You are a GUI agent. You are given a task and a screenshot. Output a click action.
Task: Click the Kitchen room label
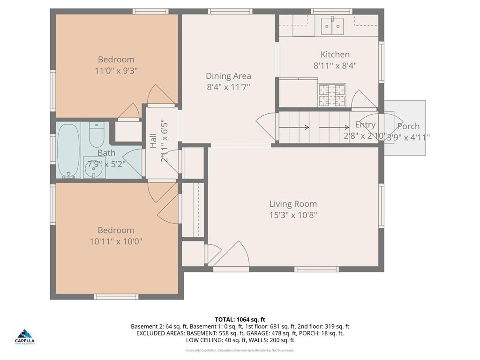coord(335,54)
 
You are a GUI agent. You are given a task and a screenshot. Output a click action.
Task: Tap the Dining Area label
coord(228,76)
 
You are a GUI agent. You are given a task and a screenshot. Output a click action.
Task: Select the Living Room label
coord(293,204)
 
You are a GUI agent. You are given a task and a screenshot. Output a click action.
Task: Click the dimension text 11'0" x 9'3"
coord(116,71)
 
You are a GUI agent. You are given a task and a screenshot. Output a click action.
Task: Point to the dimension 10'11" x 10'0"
coord(116,241)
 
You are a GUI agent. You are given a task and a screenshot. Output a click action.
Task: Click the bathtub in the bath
coord(69,150)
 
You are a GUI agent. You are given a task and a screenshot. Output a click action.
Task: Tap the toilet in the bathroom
coord(97,135)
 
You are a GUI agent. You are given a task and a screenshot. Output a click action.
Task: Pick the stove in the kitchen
coord(332,95)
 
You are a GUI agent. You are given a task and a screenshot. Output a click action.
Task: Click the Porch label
coord(408,126)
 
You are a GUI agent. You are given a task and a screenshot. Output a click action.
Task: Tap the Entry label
coord(365,125)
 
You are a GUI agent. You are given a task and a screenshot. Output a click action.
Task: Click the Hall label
coord(153,141)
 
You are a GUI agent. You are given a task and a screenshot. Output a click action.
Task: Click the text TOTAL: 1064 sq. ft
coord(240,319)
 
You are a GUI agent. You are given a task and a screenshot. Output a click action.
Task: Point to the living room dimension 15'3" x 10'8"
coord(293,215)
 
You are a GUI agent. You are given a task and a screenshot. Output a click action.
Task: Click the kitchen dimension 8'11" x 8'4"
coord(335,66)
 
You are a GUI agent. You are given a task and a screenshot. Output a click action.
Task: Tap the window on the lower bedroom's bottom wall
coord(116,297)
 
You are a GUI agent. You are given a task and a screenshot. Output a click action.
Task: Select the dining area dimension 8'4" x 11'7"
coord(228,87)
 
